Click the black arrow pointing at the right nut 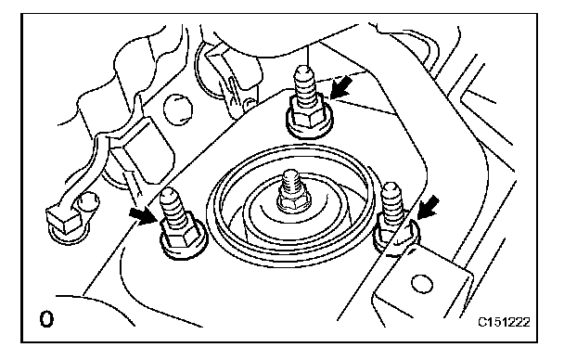428,207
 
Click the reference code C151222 504,322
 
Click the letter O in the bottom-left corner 46,319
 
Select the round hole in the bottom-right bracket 421,283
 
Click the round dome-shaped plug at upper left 178,109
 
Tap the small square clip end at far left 62,220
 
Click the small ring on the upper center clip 249,105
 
